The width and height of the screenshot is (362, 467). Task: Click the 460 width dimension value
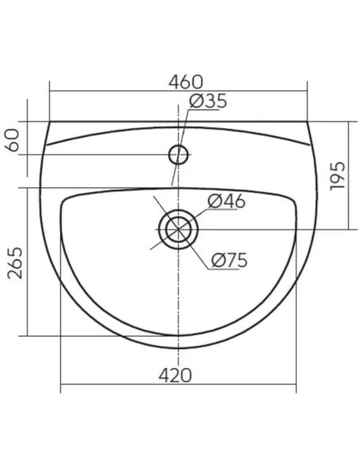[x=186, y=82]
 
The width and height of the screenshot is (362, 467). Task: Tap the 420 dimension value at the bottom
[x=175, y=375]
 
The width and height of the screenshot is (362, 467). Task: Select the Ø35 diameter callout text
[x=208, y=101]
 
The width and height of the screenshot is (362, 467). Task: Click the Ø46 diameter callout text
[x=227, y=202]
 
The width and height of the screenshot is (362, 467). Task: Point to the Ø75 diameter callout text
[x=229, y=261]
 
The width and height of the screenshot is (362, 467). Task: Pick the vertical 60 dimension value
[x=13, y=140]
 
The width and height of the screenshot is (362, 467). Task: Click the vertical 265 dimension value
[x=15, y=262]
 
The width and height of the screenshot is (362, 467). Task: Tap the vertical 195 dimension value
[x=337, y=176]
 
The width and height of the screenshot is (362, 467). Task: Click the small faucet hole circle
[x=179, y=145]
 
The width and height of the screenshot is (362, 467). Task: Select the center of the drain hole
[x=179, y=230]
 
